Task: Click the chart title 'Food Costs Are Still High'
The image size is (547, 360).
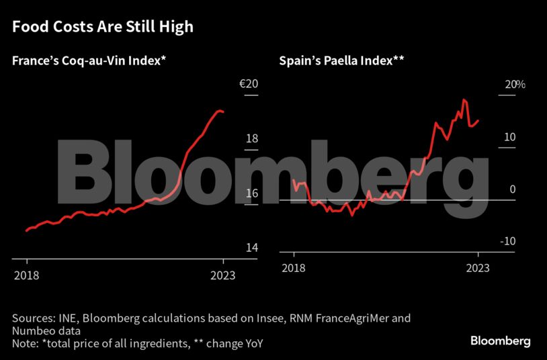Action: click(x=103, y=28)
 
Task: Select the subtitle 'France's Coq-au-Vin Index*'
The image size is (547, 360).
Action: click(x=89, y=61)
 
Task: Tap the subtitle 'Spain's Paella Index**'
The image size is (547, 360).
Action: click(x=341, y=61)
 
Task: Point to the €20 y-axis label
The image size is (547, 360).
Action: click(x=249, y=85)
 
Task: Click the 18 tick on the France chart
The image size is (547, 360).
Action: click(x=251, y=139)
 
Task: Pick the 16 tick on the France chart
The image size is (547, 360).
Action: click(x=251, y=193)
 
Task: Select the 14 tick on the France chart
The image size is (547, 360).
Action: click(x=251, y=248)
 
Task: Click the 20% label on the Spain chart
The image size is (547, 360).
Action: click(x=515, y=85)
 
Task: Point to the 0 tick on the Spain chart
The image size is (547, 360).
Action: click(x=512, y=190)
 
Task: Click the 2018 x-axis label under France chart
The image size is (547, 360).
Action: click(x=27, y=275)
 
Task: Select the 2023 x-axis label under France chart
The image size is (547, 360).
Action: click(x=223, y=275)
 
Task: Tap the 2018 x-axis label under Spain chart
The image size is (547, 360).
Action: click(x=293, y=269)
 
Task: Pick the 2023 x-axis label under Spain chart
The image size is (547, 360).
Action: click(x=478, y=269)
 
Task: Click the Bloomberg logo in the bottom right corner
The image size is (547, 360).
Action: click(x=500, y=341)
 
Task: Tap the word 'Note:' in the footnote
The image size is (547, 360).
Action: click(x=26, y=344)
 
